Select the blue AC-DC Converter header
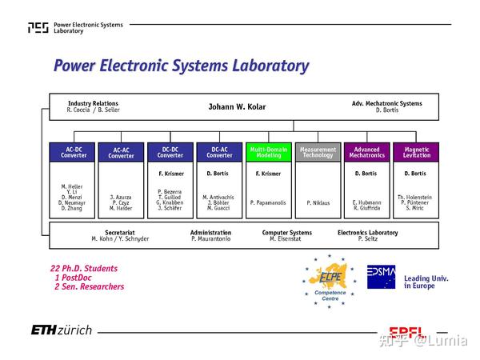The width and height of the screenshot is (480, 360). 73,151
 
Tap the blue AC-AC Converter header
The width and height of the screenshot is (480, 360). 122,152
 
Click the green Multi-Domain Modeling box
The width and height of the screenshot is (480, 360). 269,151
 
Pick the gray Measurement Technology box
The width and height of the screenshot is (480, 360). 318,151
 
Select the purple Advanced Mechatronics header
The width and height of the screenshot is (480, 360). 367,151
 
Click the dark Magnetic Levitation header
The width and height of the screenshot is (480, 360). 416,151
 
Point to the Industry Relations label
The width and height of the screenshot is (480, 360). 93,103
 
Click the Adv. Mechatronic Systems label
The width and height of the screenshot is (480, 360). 386,103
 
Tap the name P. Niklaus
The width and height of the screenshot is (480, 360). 318,202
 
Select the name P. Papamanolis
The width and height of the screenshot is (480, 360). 269,202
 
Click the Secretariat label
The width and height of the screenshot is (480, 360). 120,232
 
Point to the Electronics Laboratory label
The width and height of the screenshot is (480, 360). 367,232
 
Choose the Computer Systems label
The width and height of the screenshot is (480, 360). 286,232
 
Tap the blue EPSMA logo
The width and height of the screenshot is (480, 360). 381,277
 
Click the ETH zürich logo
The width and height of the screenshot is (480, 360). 62,330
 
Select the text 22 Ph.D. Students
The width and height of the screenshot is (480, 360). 84,268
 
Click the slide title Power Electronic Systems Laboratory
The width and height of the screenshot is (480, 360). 181,66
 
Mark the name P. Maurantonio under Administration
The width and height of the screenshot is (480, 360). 210,239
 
